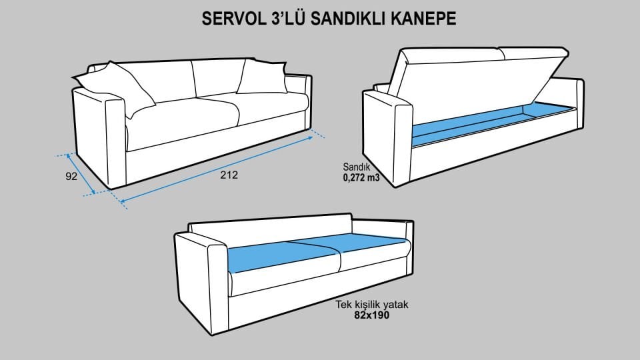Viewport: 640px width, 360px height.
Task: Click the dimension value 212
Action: click(229, 175)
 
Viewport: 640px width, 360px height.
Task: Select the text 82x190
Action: click(371, 315)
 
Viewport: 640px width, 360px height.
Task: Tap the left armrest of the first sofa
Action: click(100, 140)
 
